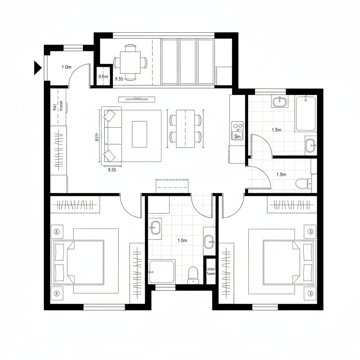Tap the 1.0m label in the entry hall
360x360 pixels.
pyautogui.click(x=66, y=67)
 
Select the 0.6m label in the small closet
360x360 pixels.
pyautogui.click(x=103, y=76)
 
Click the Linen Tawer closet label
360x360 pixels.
pyautogui.click(x=210, y=271)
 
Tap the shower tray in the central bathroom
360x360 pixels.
pyautogui.click(x=162, y=271)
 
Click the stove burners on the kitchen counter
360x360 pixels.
pyautogui.click(x=237, y=125)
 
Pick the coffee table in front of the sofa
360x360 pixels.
pyautogui.click(x=139, y=134)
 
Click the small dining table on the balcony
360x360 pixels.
pyautogui.click(x=130, y=63)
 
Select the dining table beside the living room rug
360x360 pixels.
pyautogui.click(x=185, y=129)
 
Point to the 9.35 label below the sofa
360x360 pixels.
pyautogui.click(x=111, y=170)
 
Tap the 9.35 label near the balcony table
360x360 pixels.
pyautogui.click(x=119, y=79)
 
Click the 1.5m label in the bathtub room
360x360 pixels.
pyautogui.click(x=277, y=130)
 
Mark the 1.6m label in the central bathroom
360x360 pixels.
pyautogui.click(x=182, y=240)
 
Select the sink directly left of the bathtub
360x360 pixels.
pyautogui.click(x=279, y=102)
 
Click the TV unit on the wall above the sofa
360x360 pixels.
pyautogui.click(x=137, y=99)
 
